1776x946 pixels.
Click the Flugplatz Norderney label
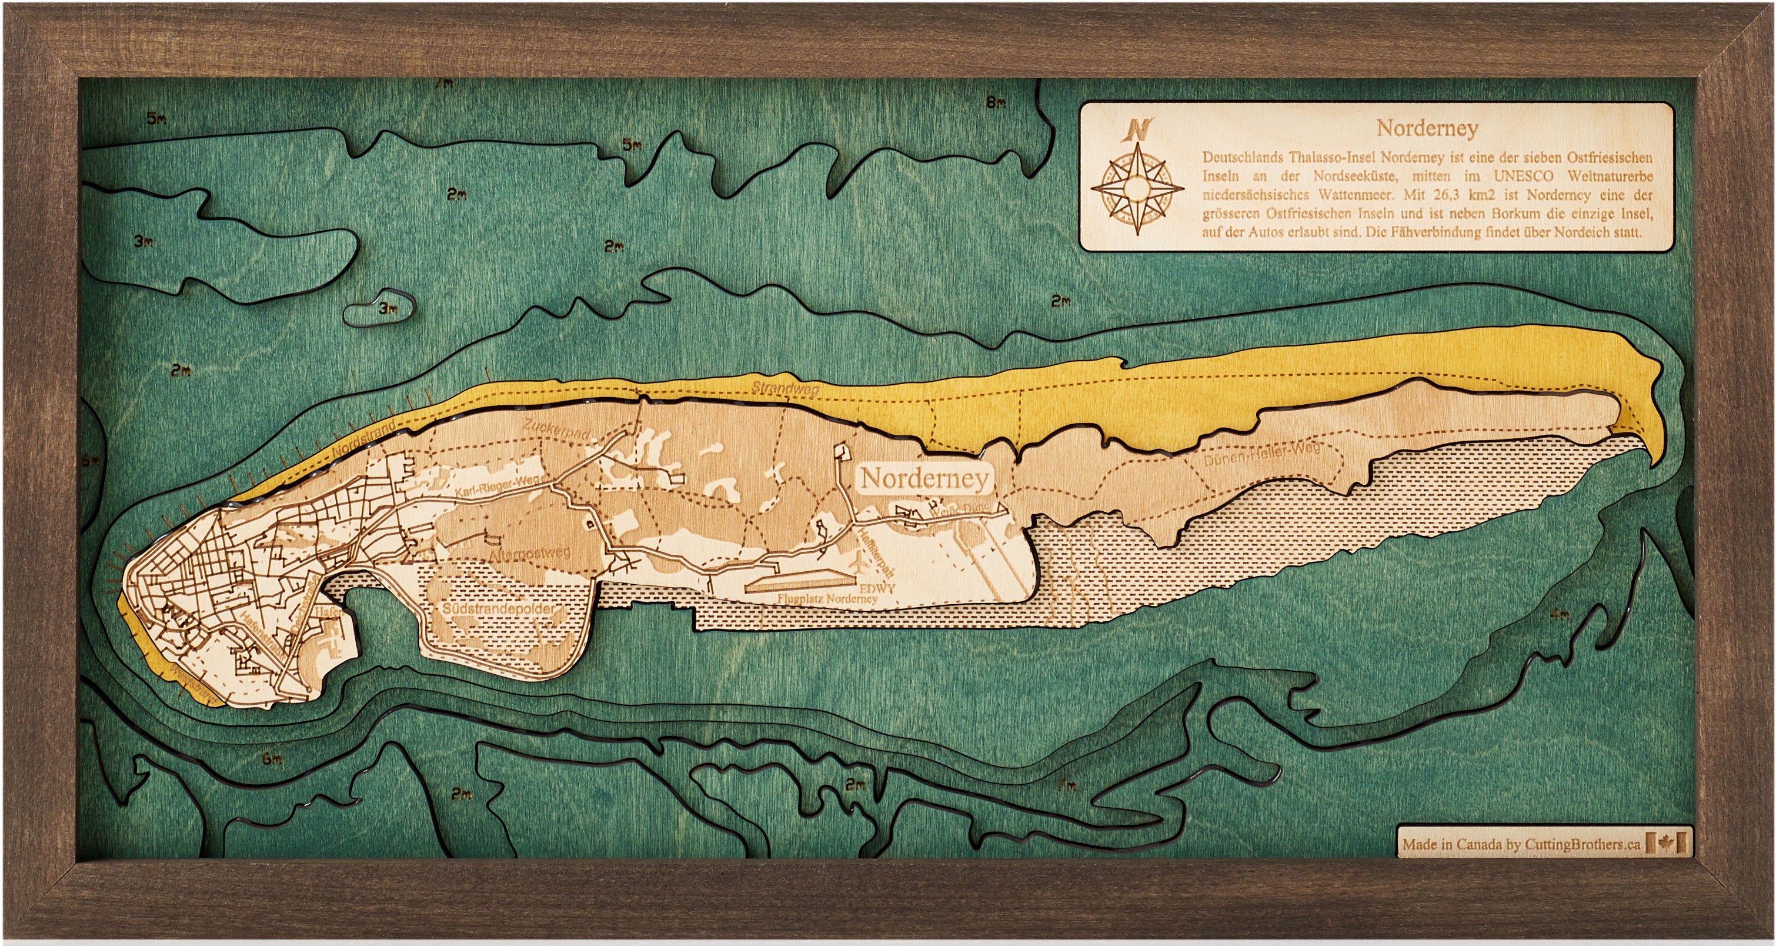coord(827,599)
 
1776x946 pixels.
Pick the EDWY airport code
coord(877,588)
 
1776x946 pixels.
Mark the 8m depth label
coord(995,104)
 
